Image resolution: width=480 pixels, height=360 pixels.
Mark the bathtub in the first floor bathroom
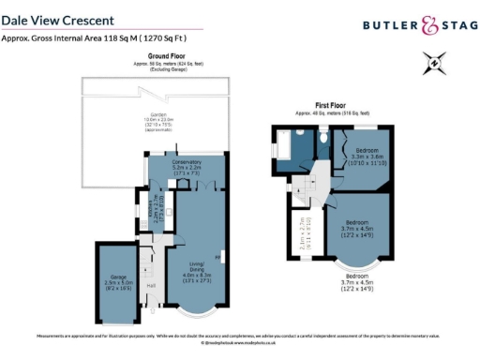coord(280,145)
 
